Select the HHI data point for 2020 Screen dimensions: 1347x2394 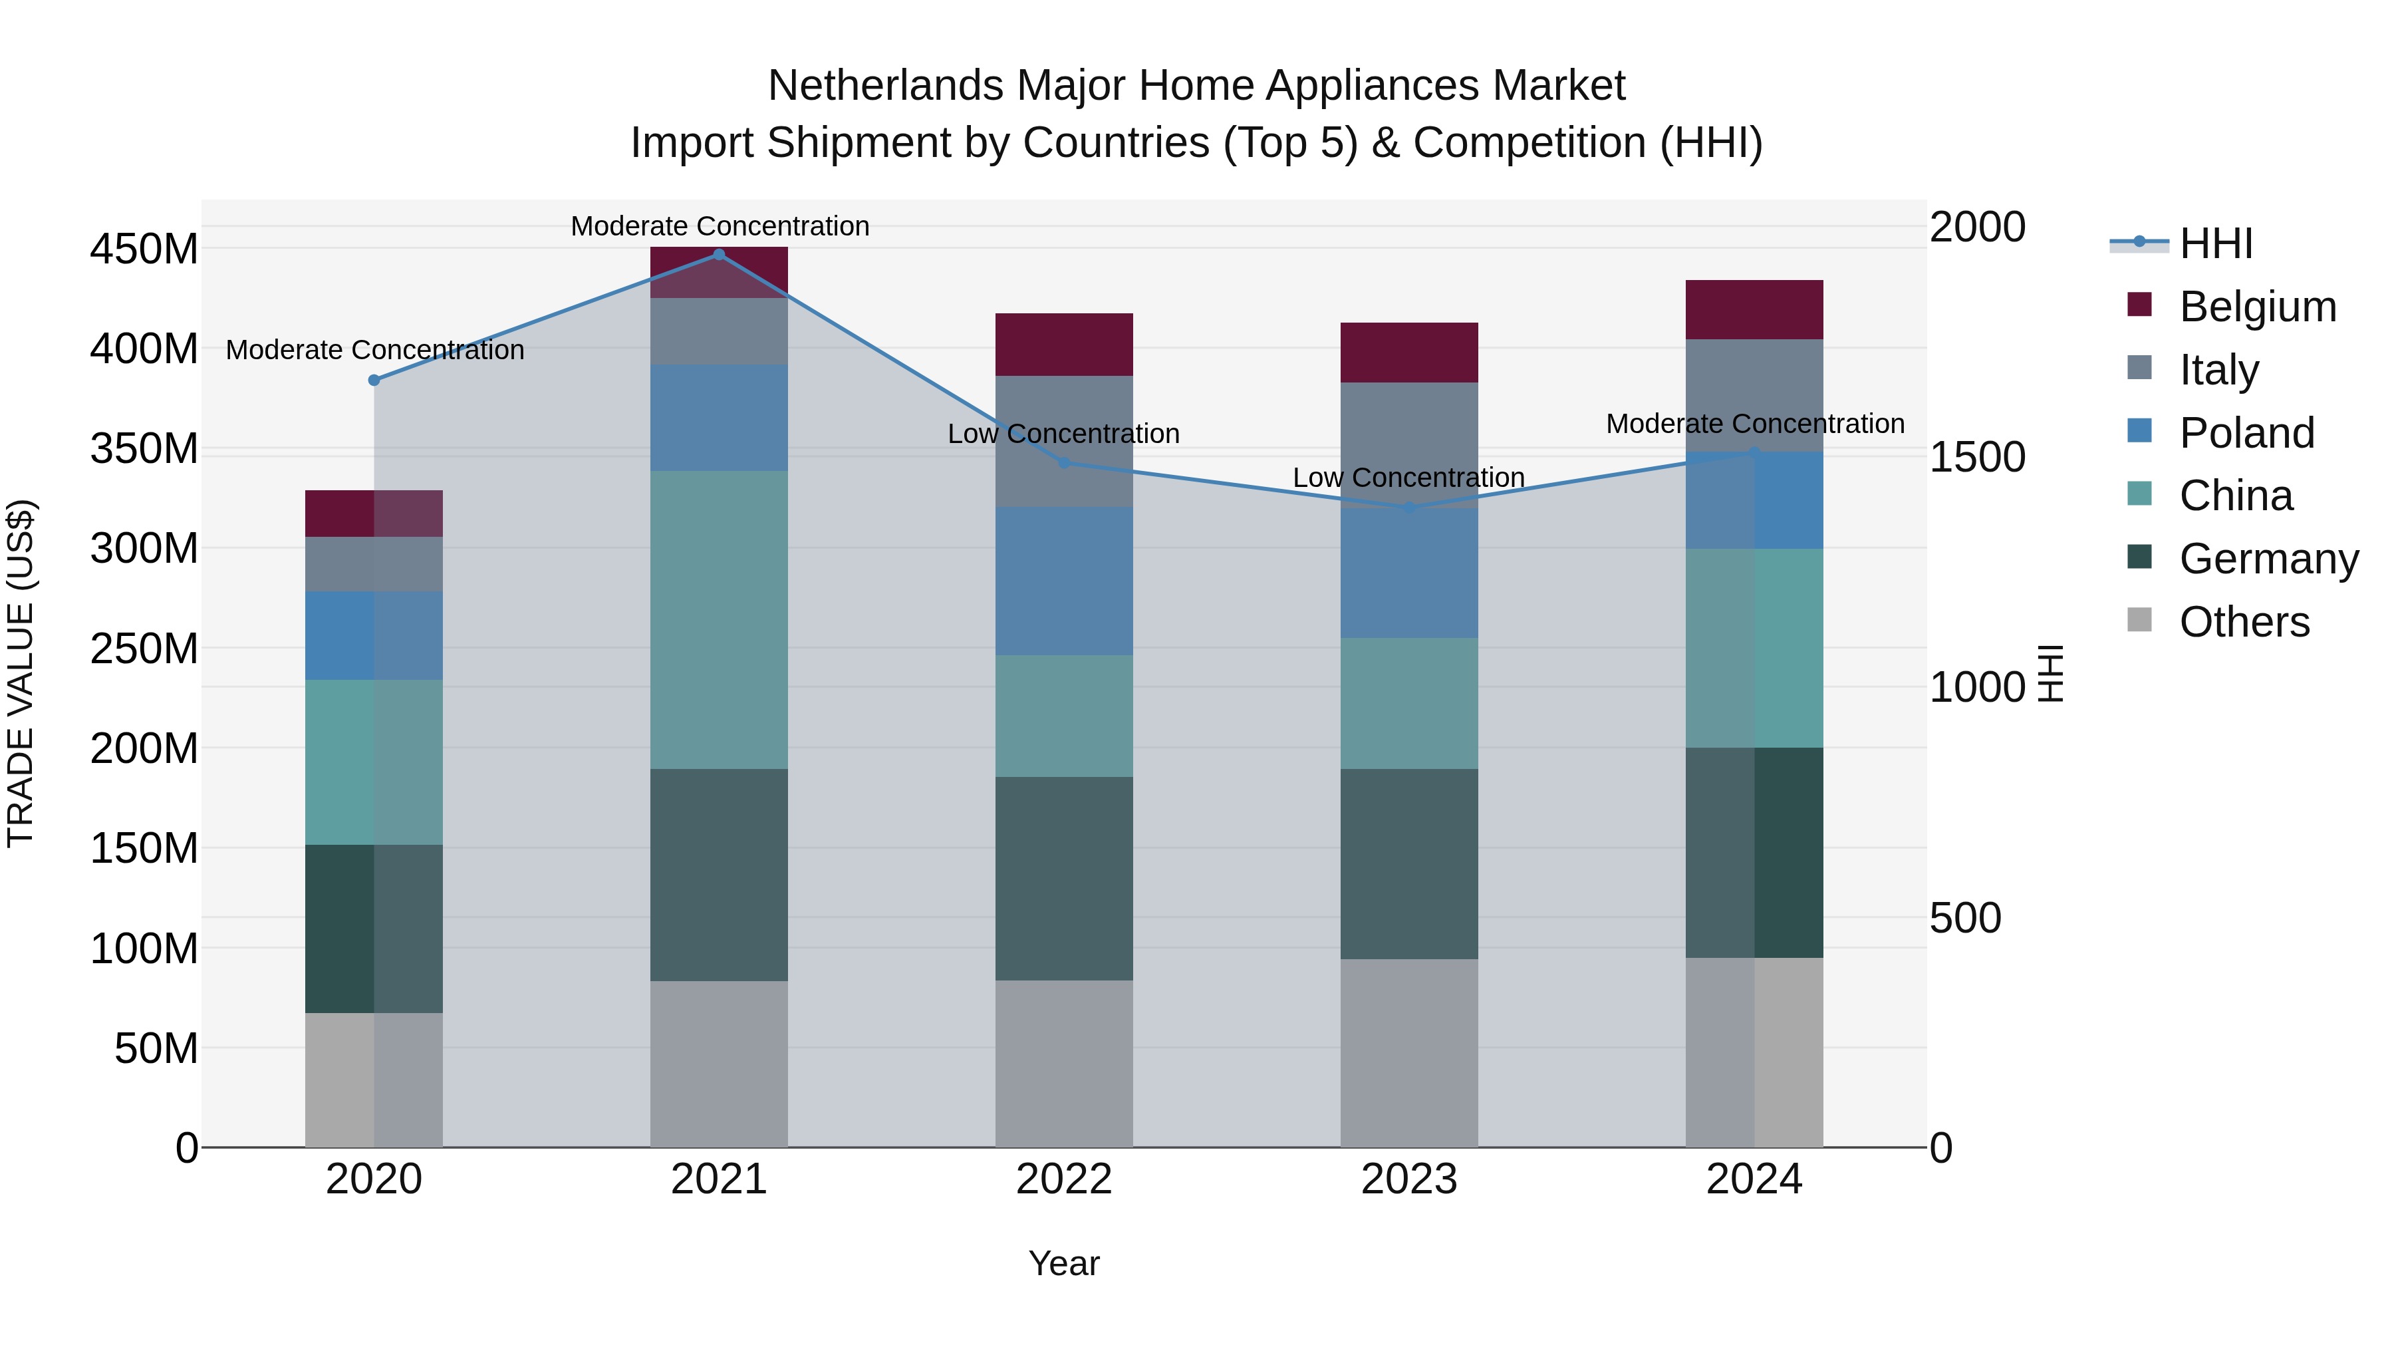pos(374,380)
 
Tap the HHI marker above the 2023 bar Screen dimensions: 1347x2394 pos(1409,508)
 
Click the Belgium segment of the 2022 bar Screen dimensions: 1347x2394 pos(1064,345)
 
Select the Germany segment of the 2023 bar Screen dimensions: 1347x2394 pos(1409,865)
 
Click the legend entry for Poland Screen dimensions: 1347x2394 pos(2246,433)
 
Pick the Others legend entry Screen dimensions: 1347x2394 pos(2244,622)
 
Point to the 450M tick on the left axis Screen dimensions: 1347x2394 pos(144,249)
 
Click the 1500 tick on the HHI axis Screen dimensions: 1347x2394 pos(1978,458)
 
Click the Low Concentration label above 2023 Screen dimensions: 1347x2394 pos(1409,478)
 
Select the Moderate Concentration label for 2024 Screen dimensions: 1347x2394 pos(1755,424)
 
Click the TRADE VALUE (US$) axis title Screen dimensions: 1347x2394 pos(21,673)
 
